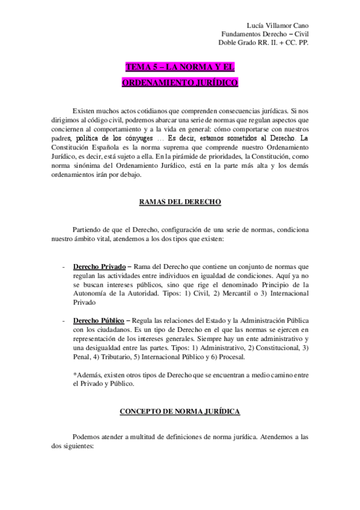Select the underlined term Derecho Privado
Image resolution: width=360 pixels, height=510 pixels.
click(99, 266)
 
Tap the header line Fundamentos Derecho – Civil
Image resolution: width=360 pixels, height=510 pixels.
click(265, 34)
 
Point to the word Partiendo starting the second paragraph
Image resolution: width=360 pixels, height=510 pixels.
click(88, 230)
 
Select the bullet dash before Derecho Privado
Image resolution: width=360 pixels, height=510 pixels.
click(64, 266)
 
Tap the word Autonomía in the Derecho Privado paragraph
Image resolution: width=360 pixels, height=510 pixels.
click(91, 293)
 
